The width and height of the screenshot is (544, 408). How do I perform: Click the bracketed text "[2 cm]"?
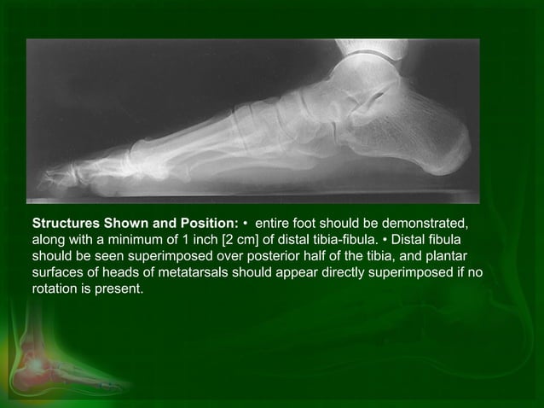tap(263, 240)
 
